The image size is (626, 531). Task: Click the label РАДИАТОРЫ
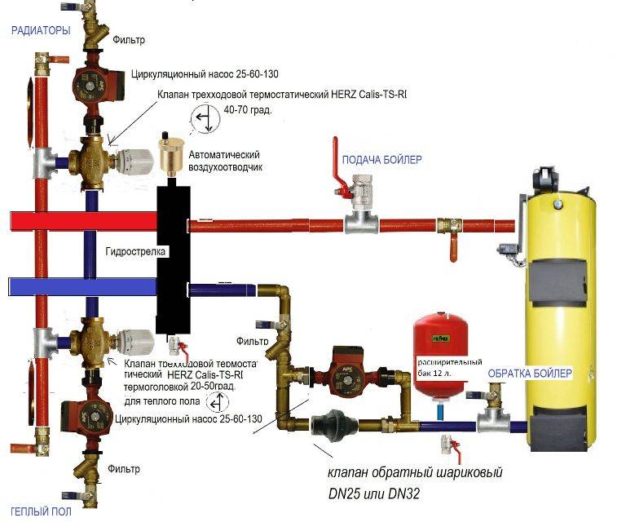(x=40, y=30)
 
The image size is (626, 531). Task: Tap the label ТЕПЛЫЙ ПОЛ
(x=40, y=511)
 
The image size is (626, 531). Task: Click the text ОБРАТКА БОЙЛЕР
(x=530, y=374)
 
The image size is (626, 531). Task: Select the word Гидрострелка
(x=136, y=252)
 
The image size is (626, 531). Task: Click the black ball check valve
(x=331, y=423)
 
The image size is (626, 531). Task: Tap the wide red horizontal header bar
(x=82, y=220)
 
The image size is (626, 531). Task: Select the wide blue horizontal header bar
(x=82, y=286)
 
